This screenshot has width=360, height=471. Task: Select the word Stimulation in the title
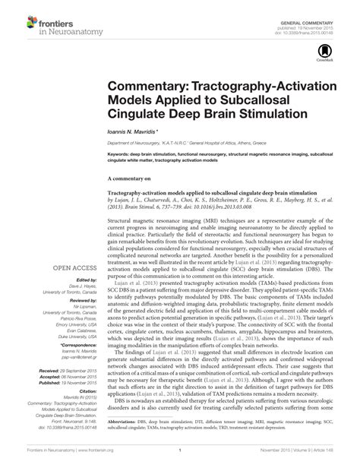270,113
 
